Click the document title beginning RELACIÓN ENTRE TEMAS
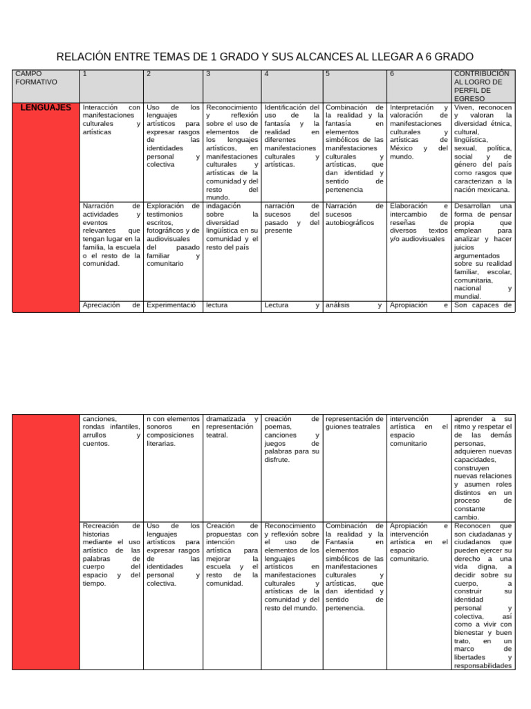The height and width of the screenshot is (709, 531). (265, 56)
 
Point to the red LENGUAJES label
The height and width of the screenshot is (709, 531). (46, 108)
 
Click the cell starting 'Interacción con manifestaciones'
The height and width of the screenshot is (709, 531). (111, 120)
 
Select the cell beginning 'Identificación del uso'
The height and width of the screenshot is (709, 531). (291, 136)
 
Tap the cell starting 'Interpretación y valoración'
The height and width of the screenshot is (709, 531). (419, 132)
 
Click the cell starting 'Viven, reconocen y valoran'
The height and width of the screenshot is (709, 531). (483, 148)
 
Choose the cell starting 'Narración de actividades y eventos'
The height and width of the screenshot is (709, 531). (111, 234)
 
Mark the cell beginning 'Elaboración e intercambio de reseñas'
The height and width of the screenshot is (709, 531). (419, 222)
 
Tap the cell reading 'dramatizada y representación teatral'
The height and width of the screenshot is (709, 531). (232, 427)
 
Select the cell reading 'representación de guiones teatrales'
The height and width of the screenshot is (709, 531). (354, 423)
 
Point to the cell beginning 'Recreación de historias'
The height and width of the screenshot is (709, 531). (111, 555)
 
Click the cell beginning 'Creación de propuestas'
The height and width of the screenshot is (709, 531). (232, 555)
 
